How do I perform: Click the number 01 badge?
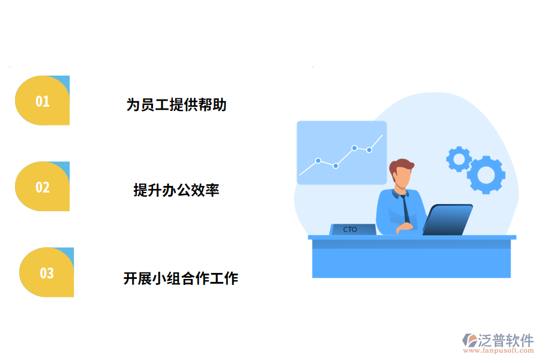(42, 101)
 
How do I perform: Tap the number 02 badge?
(42, 187)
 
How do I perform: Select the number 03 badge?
(47, 273)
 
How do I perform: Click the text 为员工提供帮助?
(176, 104)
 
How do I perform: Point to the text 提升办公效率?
(176, 190)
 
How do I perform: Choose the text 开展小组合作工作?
(181, 278)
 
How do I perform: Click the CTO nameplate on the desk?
(352, 229)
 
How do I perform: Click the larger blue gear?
(486, 174)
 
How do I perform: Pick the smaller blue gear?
(459, 158)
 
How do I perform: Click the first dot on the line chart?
(318, 160)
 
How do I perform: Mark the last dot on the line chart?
(369, 150)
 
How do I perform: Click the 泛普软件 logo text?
(505, 340)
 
